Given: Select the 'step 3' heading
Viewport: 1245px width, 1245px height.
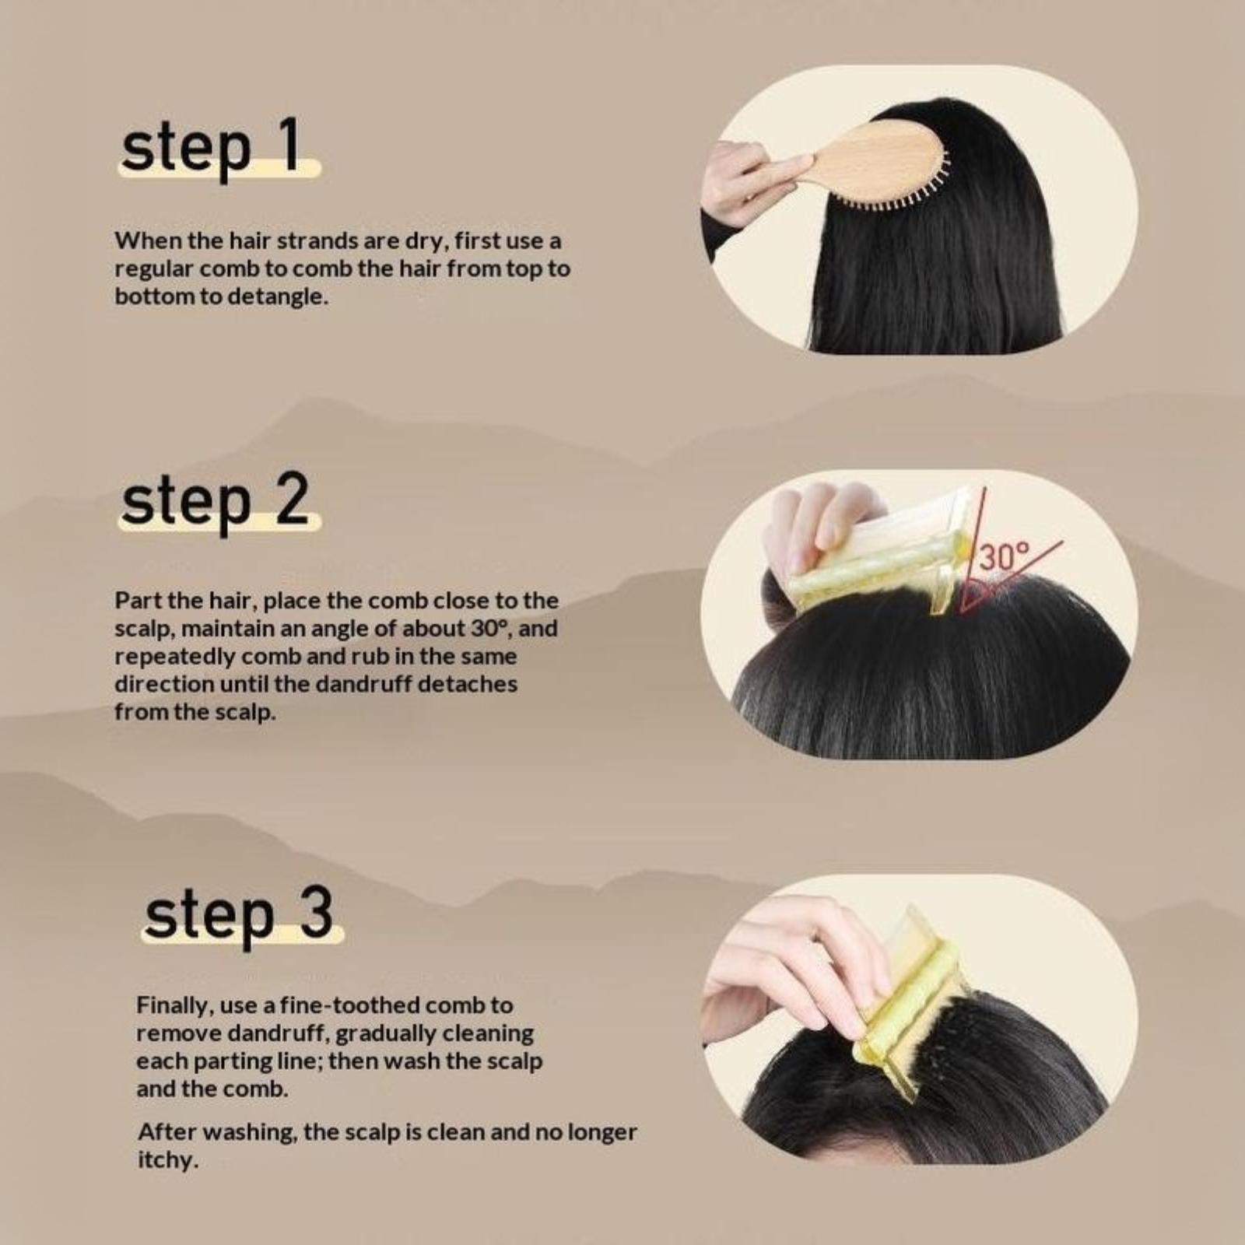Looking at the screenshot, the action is point(238,915).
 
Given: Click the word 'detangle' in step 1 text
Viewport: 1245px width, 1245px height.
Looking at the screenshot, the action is point(272,296).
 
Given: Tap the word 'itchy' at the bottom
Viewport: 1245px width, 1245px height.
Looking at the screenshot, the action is point(166,1160).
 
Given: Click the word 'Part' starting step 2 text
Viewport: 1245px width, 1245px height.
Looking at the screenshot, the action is point(137,601).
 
